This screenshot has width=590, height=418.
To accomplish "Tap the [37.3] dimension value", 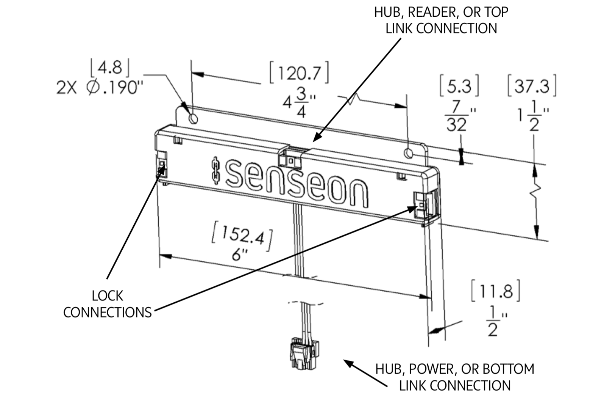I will (x=532, y=86).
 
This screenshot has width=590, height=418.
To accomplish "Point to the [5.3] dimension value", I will (x=459, y=86).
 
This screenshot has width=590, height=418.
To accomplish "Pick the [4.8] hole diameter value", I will (x=110, y=68).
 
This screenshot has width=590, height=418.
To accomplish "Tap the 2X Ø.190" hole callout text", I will (x=100, y=88).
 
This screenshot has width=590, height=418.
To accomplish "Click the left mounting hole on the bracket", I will (x=193, y=119).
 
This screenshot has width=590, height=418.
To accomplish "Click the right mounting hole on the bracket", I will (x=409, y=153).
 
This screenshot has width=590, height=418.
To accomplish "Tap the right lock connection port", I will (x=421, y=205).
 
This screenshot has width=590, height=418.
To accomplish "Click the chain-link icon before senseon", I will (x=215, y=171).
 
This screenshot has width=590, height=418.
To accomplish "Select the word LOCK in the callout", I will (x=108, y=296).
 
